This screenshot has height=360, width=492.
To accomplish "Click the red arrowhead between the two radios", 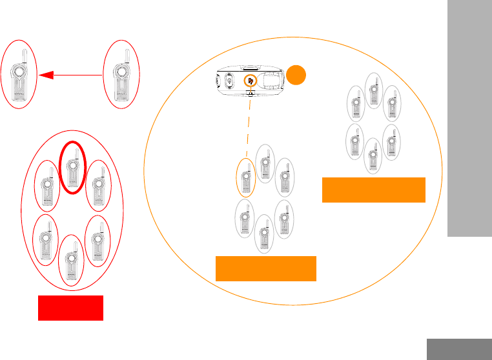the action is [43, 75].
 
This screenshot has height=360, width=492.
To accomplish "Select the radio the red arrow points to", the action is [19, 76].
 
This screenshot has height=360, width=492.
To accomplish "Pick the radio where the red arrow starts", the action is [121, 76].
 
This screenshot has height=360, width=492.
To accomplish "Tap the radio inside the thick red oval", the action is [73, 168].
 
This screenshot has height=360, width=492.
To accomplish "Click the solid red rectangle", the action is [70, 308].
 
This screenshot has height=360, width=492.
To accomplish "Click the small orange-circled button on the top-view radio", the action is [250, 82].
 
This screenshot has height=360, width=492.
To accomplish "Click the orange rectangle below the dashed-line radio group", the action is [266, 268].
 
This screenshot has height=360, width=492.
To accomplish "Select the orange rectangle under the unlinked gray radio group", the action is [374, 190].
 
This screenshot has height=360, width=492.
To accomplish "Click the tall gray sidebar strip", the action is [469, 119].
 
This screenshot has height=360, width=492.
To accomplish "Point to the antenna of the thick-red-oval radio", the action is [76, 153].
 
